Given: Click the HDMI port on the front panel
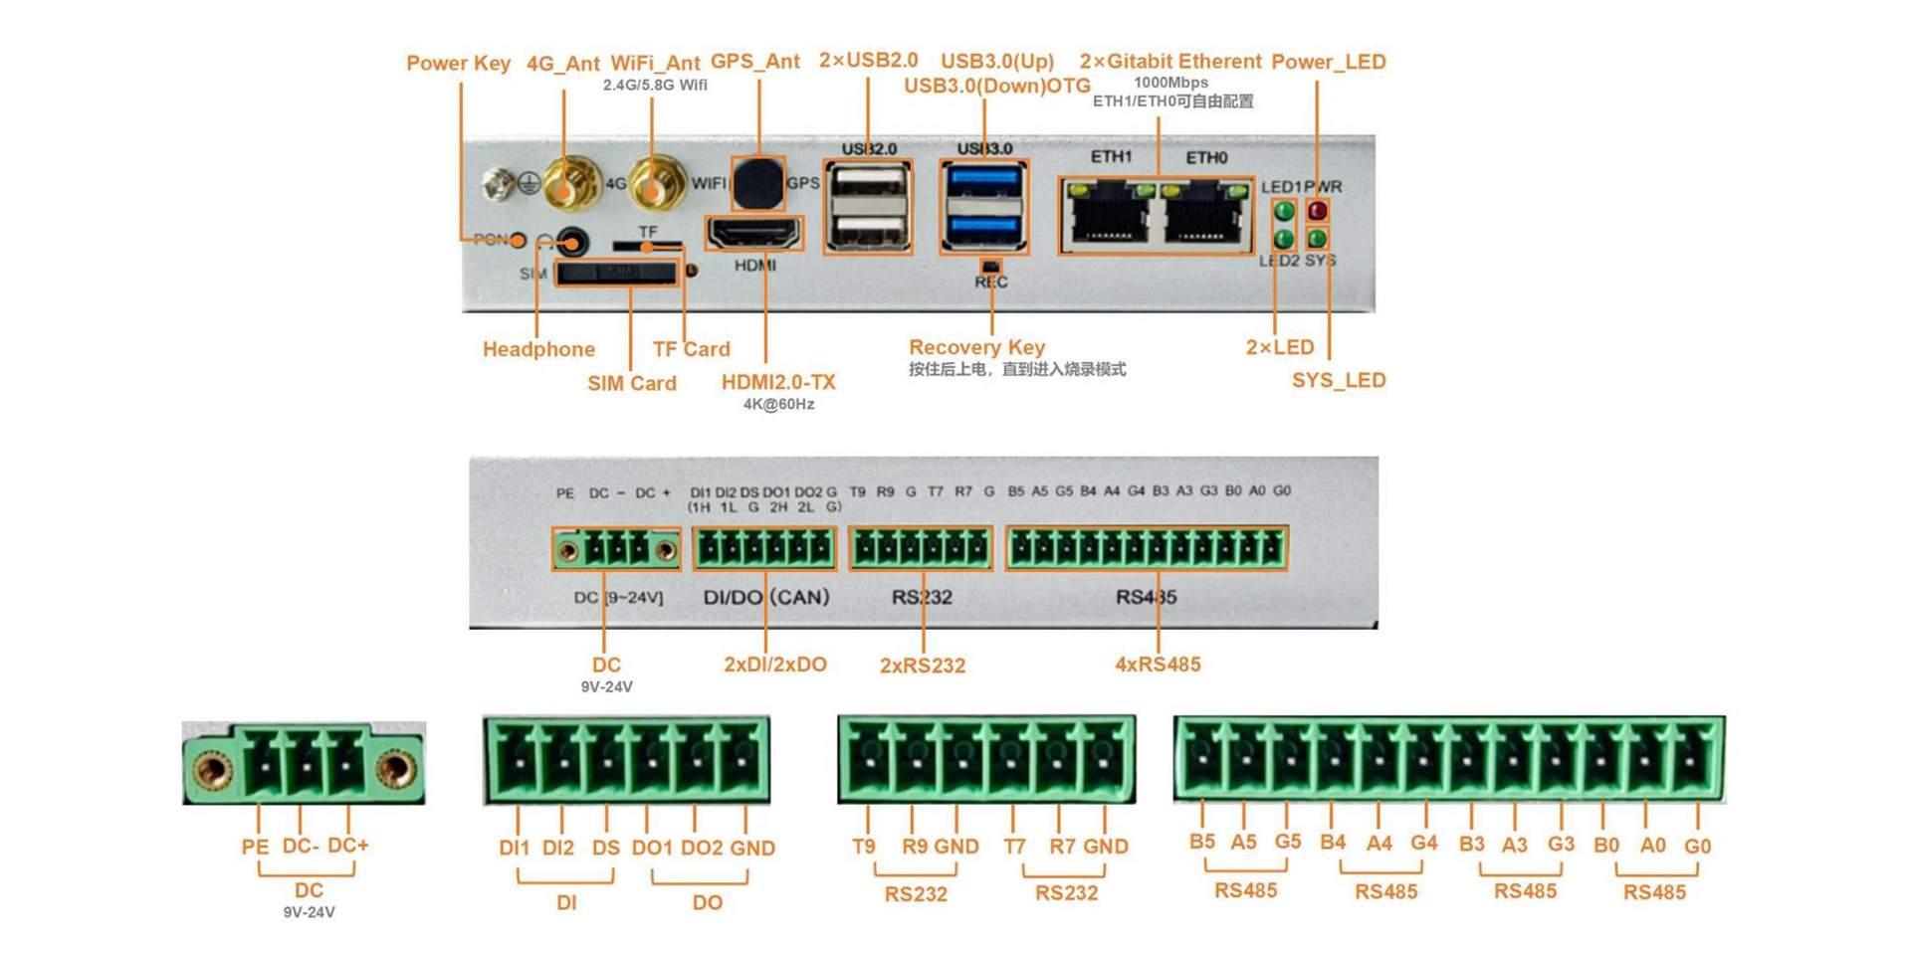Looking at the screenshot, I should [754, 234].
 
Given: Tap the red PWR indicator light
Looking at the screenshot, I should [1317, 211].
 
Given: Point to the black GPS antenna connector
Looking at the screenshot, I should [758, 182].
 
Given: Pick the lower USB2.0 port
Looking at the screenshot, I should [868, 231].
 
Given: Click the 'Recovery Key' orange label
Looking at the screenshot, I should [976, 347].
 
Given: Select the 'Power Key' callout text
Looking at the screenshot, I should [458, 63].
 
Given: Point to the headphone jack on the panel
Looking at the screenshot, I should [571, 242].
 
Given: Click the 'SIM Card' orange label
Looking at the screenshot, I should [631, 383].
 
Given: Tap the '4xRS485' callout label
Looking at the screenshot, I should [1158, 665].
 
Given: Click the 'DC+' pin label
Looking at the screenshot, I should [348, 846].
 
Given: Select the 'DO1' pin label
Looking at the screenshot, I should [652, 848].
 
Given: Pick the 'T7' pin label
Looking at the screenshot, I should [1014, 847].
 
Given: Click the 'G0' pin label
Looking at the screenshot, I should [1697, 847].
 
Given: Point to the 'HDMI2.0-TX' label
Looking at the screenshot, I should [778, 382].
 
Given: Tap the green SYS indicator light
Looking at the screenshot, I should [1317, 239].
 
